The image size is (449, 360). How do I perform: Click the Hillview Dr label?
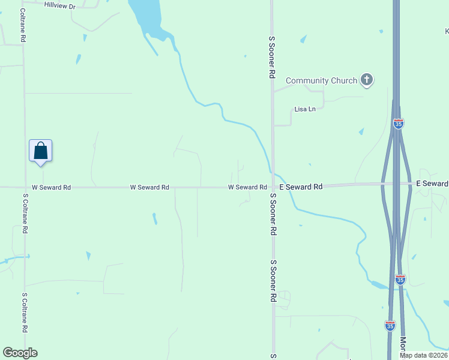(60, 5)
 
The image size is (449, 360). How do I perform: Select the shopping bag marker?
(41, 151)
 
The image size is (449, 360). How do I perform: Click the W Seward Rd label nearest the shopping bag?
(51, 188)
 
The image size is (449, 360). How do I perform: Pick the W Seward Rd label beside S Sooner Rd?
(247, 188)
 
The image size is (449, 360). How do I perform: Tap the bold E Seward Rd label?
(301, 187)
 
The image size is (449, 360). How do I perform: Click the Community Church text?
(316, 80)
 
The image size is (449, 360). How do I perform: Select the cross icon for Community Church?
(367, 80)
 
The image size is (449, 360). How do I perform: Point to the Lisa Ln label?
(305, 109)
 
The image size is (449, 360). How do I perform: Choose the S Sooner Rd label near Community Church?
(272, 57)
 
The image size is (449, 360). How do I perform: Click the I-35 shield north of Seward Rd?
(399, 124)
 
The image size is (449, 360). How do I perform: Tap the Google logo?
(20, 353)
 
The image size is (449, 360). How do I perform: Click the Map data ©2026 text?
(423, 355)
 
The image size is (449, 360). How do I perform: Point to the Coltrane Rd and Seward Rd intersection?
(24, 187)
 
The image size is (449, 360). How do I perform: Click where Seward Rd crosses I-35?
(396, 183)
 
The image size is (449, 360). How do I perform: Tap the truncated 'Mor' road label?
(403, 344)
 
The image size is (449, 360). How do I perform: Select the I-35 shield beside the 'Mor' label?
(390, 325)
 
